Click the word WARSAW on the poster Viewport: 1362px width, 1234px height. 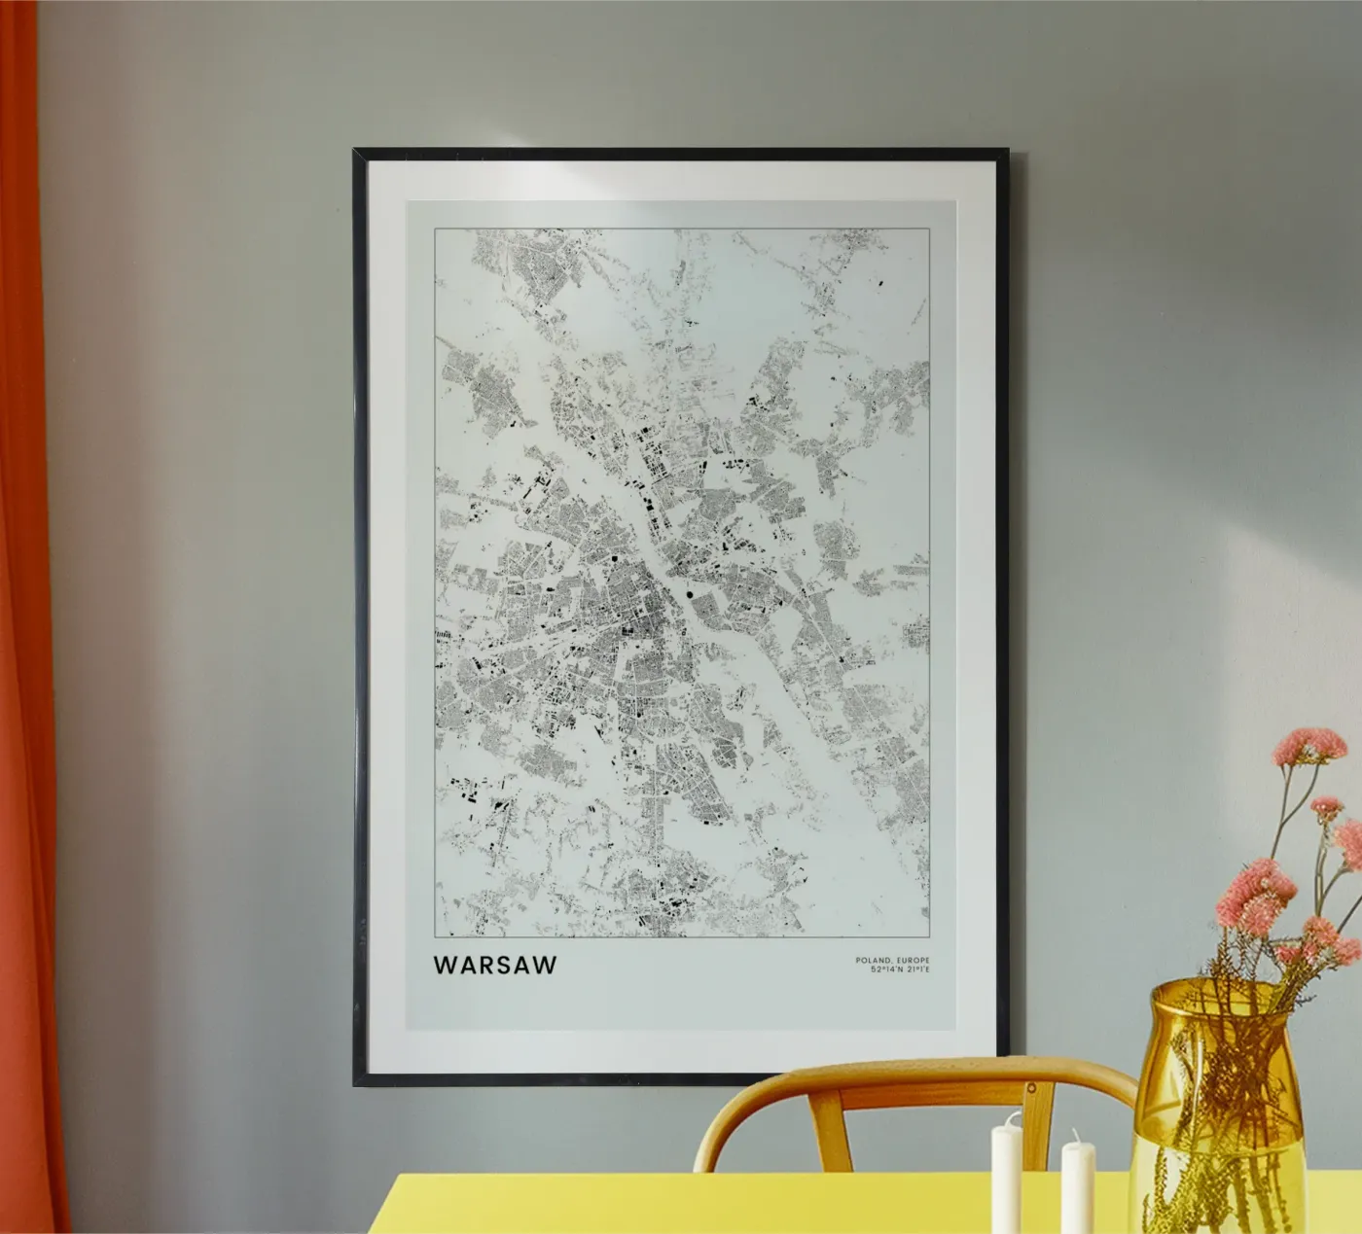pos(495,966)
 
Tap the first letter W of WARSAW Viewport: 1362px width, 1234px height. pos(444,966)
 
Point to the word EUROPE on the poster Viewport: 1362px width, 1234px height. pos(913,960)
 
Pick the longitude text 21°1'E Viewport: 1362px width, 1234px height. pos(914,970)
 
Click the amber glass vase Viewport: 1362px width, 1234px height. pos(1216,1118)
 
